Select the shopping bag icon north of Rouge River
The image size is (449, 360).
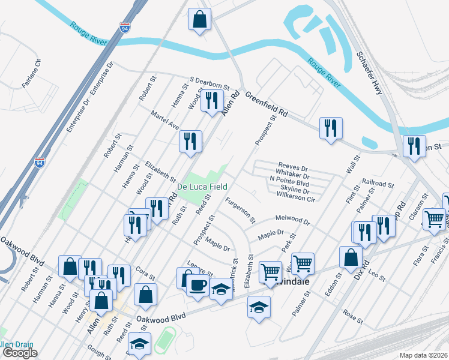point(199,19)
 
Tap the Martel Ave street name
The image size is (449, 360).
point(165,119)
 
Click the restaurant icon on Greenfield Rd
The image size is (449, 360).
point(331,128)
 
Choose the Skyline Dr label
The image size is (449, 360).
point(294,188)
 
